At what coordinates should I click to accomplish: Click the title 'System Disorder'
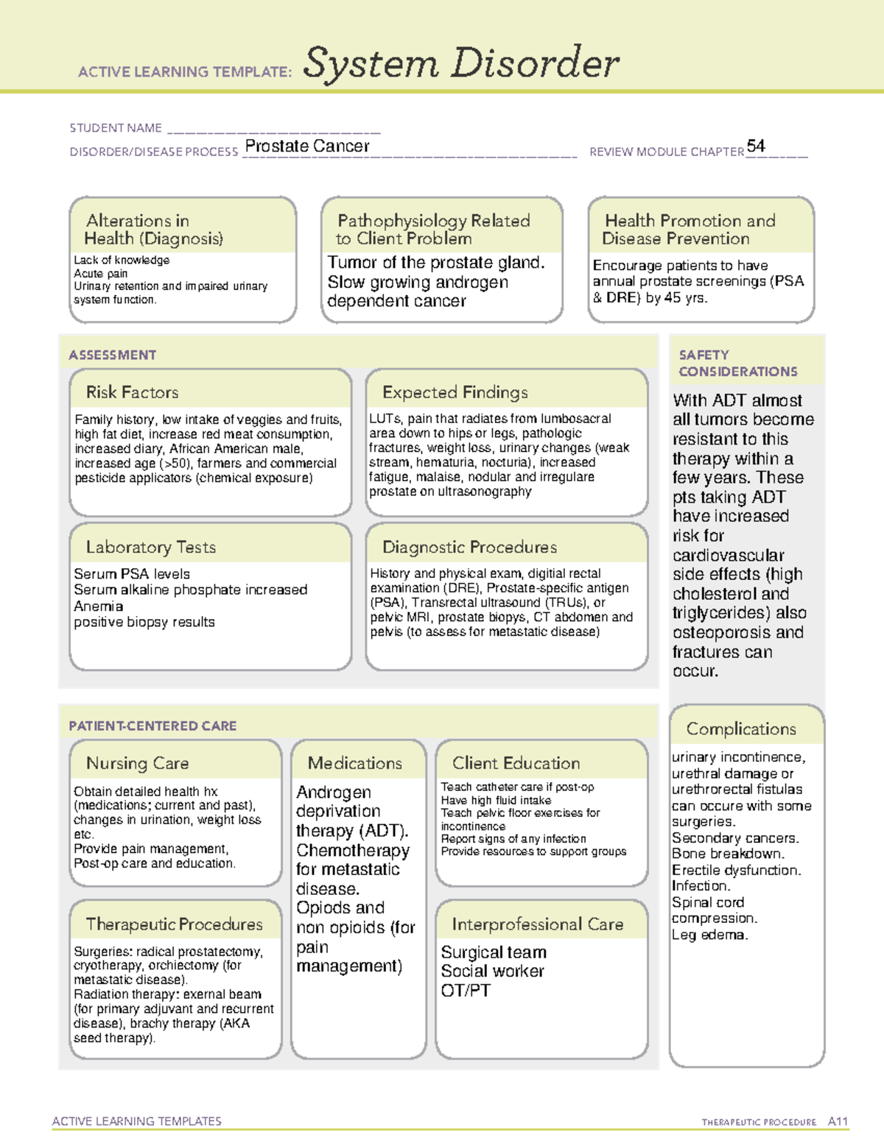(x=461, y=63)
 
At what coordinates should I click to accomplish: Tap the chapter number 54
(x=756, y=146)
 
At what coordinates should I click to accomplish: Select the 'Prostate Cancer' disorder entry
(x=307, y=146)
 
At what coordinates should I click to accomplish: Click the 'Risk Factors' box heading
(x=133, y=392)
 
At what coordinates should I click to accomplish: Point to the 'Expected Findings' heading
(x=455, y=392)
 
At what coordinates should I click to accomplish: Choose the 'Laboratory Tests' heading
(x=151, y=547)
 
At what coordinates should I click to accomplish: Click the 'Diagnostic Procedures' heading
(x=470, y=547)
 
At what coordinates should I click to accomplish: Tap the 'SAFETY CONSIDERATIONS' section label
(x=738, y=364)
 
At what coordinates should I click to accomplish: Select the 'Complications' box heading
(x=741, y=729)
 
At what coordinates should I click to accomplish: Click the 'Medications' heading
(x=355, y=763)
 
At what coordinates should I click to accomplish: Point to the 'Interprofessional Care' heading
(x=538, y=924)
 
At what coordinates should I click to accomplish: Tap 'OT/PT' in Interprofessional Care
(x=466, y=991)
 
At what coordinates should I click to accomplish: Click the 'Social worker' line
(x=492, y=972)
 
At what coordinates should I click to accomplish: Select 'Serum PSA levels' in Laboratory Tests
(x=132, y=574)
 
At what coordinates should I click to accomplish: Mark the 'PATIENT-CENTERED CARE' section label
(x=152, y=726)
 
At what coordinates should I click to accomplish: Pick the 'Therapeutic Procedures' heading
(x=175, y=924)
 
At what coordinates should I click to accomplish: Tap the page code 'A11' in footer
(x=838, y=1122)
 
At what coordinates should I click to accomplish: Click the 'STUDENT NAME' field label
(x=116, y=128)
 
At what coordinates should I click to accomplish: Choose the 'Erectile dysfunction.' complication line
(x=736, y=870)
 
